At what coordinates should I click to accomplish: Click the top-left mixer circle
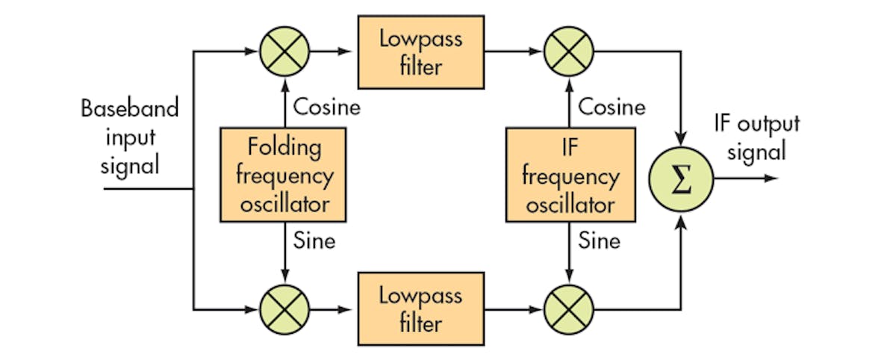coord(283,52)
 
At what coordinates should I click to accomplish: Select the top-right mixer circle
coord(568,52)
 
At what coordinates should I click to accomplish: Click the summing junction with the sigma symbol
coord(681,179)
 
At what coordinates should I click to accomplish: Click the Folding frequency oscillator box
coord(283,175)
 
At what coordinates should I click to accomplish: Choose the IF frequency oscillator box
coord(570,175)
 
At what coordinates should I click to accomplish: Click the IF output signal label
coord(757,137)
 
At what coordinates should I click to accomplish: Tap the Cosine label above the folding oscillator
coord(326,108)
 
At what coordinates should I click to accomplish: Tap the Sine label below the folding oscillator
coord(314,241)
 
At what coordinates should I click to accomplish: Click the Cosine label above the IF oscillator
coord(612,108)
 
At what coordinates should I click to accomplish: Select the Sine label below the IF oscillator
coord(600,241)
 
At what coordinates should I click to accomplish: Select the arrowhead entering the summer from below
coord(681,222)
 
